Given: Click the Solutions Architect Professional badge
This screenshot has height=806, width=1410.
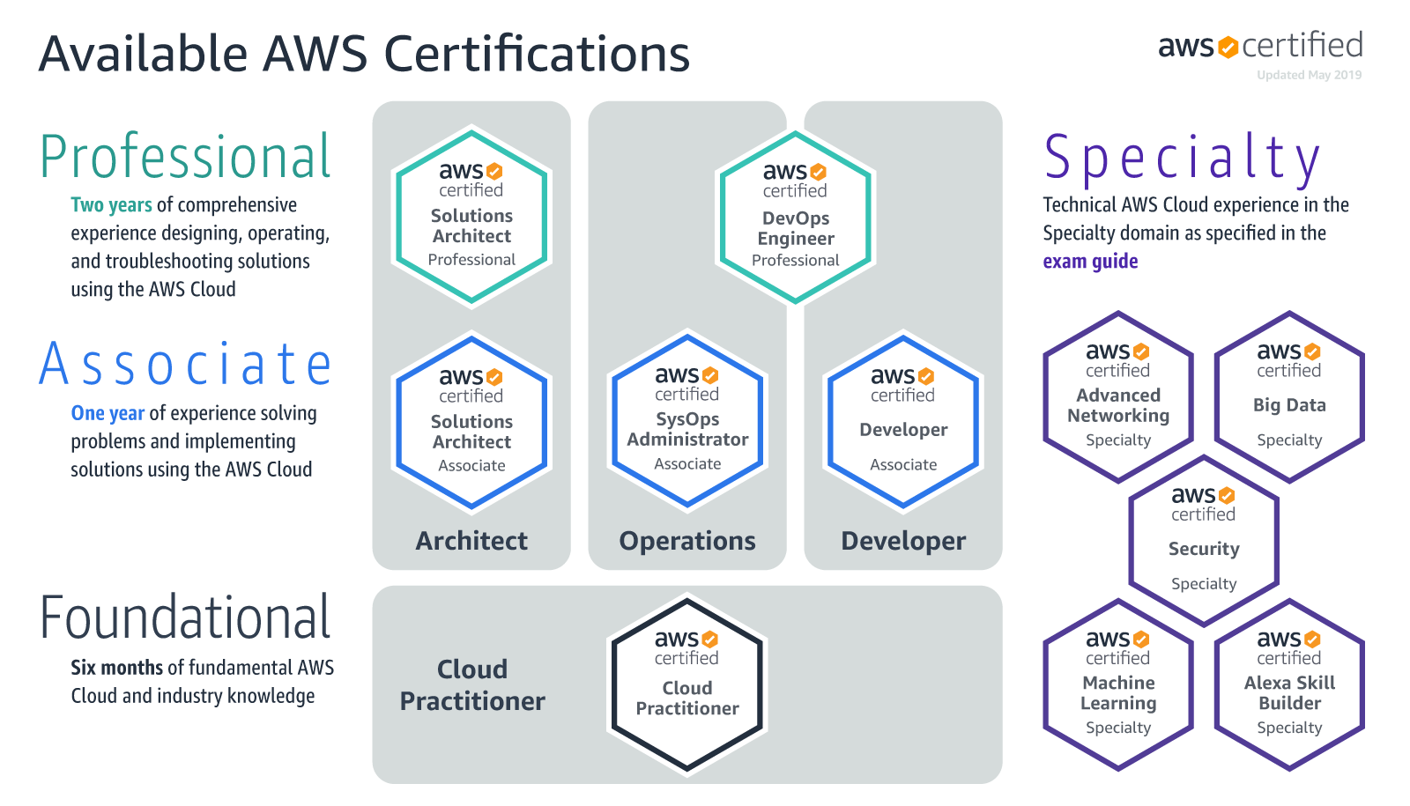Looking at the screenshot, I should pos(471,217).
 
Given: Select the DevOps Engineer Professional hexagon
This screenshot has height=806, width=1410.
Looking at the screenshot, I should pos(795,218).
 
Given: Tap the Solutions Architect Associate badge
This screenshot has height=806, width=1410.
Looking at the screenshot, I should pos(471,422).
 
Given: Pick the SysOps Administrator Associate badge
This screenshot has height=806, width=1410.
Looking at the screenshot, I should pos(687,421).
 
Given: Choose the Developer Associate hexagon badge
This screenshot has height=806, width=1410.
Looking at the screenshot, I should pos(903,421).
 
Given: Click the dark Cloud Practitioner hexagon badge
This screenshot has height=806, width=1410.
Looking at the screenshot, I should pos(687,684).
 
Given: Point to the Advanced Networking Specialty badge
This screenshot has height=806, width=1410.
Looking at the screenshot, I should pos(1118,397).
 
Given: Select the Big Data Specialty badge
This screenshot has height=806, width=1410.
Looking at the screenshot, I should pos(1289,397).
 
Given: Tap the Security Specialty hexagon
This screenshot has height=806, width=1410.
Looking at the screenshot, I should pos(1204,541).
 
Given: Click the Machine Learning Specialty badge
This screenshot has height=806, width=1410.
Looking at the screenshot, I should pos(1118,684).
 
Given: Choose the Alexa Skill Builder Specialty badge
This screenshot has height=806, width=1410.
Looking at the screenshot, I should pos(1289,684).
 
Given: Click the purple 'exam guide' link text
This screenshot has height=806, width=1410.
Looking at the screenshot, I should pos(1090,262).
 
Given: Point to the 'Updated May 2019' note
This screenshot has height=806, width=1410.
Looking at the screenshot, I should pos(1309,76).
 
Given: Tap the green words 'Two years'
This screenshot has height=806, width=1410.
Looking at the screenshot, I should pos(111,205).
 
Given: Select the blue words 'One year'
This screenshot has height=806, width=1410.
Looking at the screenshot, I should pos(108,413).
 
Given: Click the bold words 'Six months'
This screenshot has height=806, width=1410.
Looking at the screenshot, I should pos(117,668).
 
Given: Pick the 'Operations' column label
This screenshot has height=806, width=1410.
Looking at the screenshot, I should pos(687,541).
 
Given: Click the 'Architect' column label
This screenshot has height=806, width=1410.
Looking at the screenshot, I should pos(471,541).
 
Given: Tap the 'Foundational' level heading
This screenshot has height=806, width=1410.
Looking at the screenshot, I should pos(185,617).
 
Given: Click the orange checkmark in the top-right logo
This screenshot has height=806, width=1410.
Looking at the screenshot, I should pos(1228,47).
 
